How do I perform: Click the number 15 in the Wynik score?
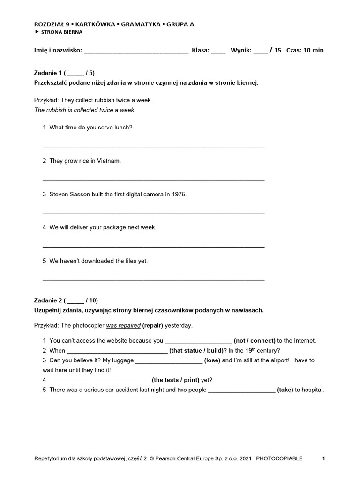coord(278,50)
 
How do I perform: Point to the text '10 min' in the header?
coord(314,50)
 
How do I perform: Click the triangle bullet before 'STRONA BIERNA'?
coord(37,32)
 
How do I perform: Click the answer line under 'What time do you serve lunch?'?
coord(153,146)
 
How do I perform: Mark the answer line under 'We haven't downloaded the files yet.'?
coord(153,280)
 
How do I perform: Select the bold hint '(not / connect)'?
coord(255,341)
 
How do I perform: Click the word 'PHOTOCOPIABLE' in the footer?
coord(279,458)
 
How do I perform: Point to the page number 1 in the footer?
coord(323,458)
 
